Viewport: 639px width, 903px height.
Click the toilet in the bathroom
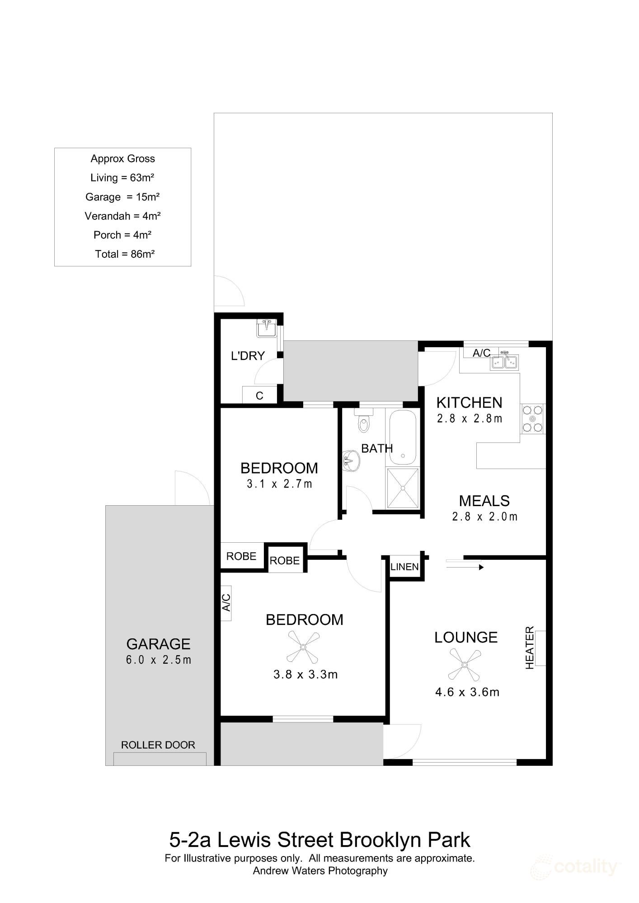tap(363, 422)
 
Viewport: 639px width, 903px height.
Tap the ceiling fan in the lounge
tap(464, 665)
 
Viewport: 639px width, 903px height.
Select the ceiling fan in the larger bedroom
tap(303, 647)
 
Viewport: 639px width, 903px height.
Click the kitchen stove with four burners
tap(532, 419)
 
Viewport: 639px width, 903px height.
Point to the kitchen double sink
tap(505, 362)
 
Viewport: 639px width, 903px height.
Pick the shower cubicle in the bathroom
tap(403, 488)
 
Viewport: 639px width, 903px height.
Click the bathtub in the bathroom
tap(403, 437)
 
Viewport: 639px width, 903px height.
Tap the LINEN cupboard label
tap(404, 567)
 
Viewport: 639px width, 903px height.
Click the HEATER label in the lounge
tap(530, 648)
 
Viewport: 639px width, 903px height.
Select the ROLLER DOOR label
tap(158, 745)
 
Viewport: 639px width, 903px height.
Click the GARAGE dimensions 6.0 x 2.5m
tap(159, 660)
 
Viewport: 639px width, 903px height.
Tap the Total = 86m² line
tap(125, 254)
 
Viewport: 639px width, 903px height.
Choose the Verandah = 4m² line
tap(123, 216)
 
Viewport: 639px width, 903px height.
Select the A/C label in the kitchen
tap(481, 353)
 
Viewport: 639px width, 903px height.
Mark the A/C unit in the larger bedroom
tap(226, 603)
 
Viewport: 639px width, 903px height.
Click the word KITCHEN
tap(469, 403)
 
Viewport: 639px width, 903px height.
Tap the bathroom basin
tap(350, 461)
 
